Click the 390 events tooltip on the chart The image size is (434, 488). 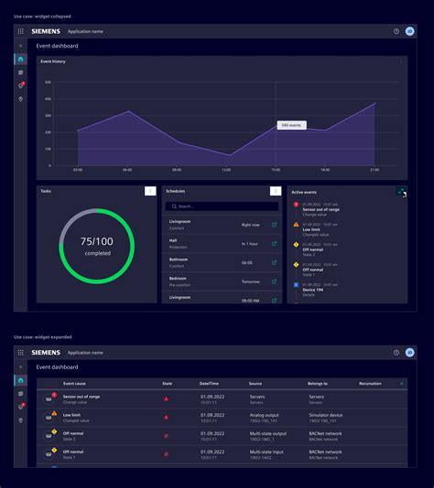click(x=292, y=125)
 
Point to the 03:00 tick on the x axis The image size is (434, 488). click(x=78, y=169)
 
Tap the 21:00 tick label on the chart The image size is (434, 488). click(x=374, y=169)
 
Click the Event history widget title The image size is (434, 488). click(x=53, y=62)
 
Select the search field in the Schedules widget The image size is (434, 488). click(x=222, y=207)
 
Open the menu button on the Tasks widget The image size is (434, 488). click(x=150, y=191)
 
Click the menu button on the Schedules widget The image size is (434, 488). click(x=275, y=191)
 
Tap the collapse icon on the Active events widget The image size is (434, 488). click(x=401, y=191)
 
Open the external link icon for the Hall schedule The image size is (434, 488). click(x=274, y=243)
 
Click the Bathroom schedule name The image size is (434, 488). click(x=179, y=260)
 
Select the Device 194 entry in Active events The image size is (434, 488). click(x=314, y=290)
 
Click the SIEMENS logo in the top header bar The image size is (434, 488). click(x=46, y=31)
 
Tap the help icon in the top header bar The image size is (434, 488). click(x=396, y=31)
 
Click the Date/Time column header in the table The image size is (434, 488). click(x=209, y=384)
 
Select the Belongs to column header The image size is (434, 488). click(x=318, y=384)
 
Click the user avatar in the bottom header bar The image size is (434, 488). click(x=410, y=352)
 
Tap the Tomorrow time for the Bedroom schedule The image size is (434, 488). click(x=250, y=281)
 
